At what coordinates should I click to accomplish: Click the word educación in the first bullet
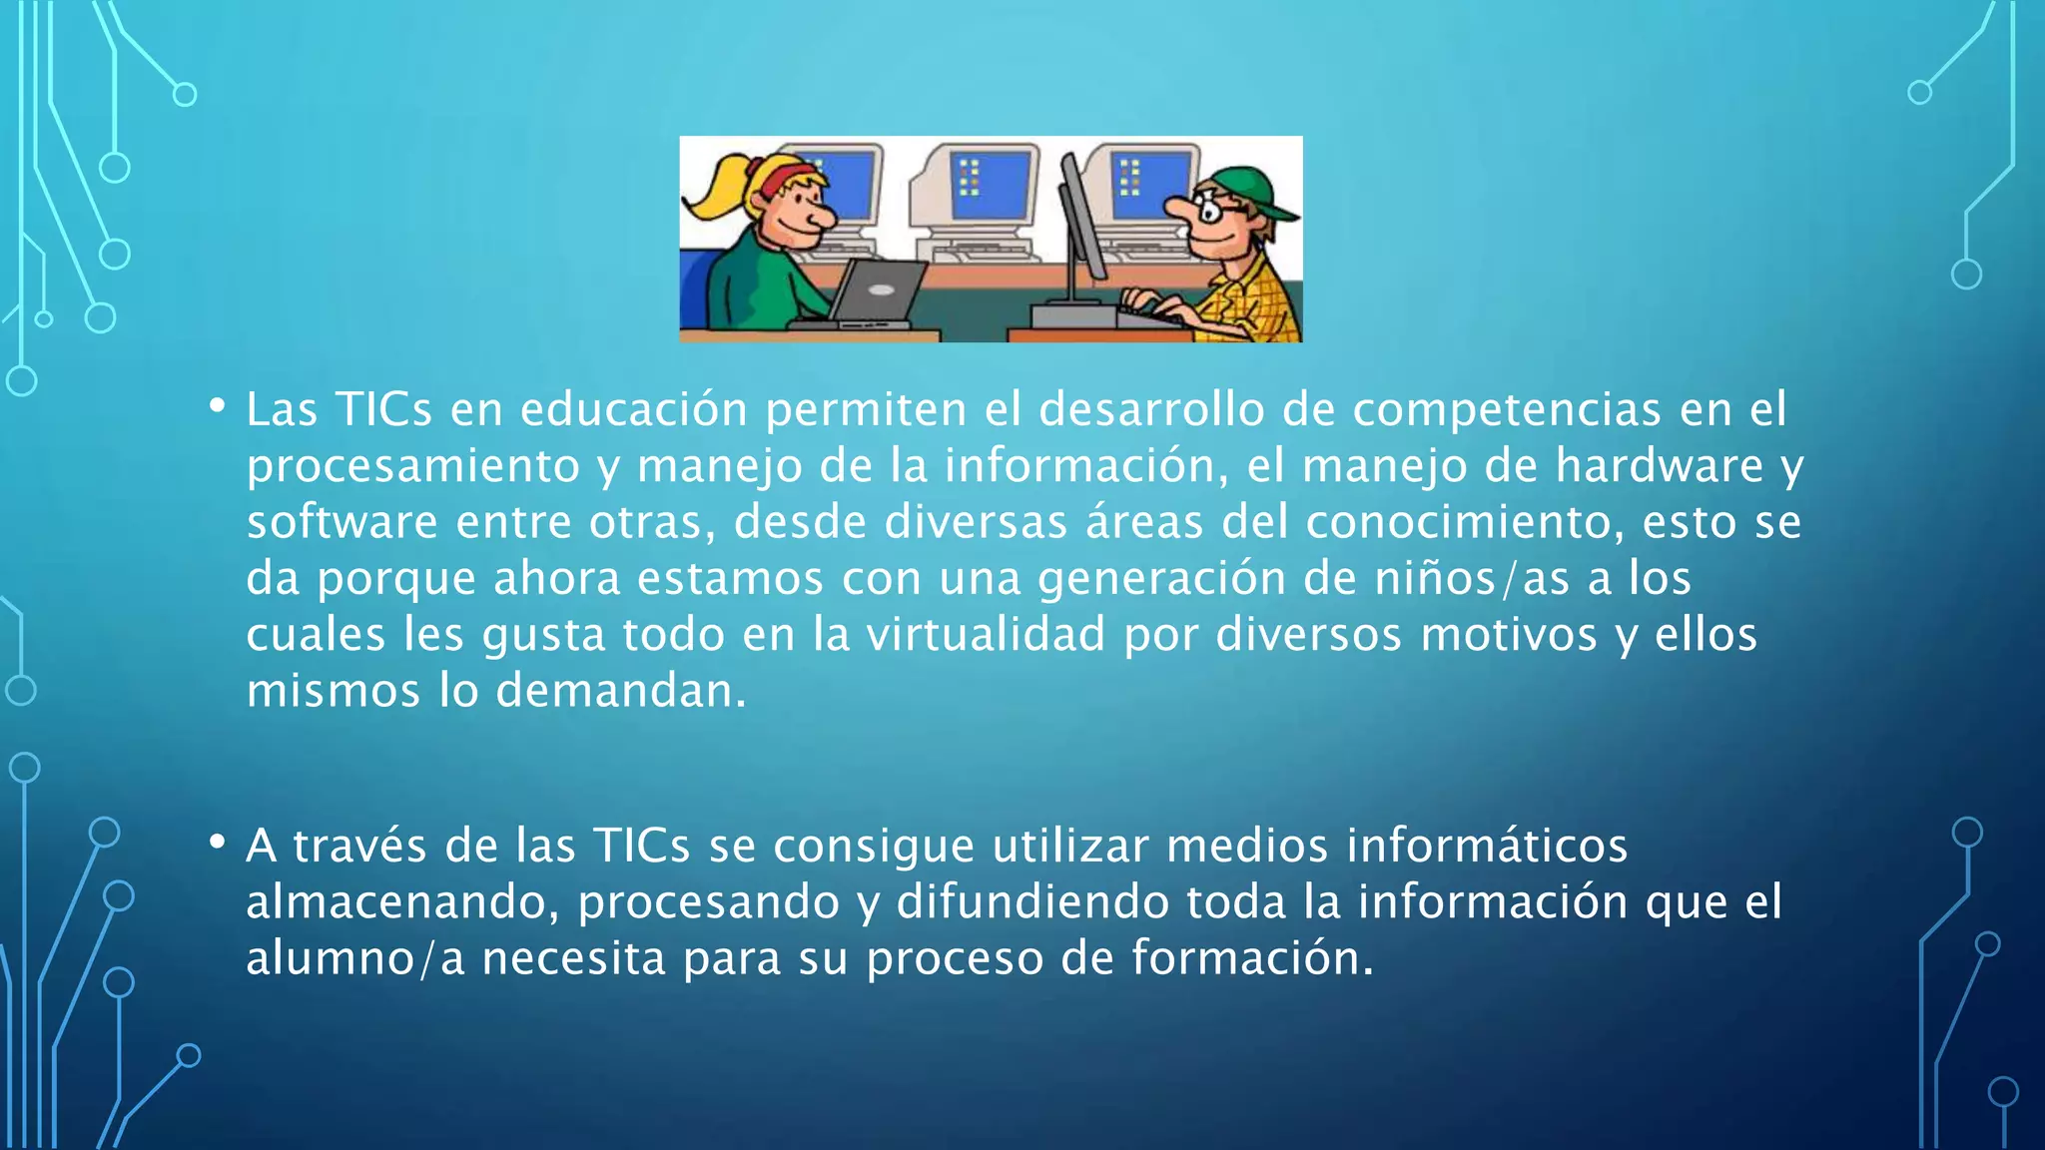coord(633,409)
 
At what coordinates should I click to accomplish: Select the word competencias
coord(1507,409)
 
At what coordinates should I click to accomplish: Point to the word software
coord(341,522)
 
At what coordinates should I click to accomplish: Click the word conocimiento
coord(1463,522)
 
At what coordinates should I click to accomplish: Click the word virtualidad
coord(986,635)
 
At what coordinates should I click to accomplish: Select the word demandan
coord(620,691)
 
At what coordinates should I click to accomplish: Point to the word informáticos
coord(1487,846)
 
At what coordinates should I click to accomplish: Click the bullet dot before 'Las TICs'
coord(217,406)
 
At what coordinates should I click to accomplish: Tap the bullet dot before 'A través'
coord(217,843)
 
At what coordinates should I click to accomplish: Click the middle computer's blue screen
coord(990,186)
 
